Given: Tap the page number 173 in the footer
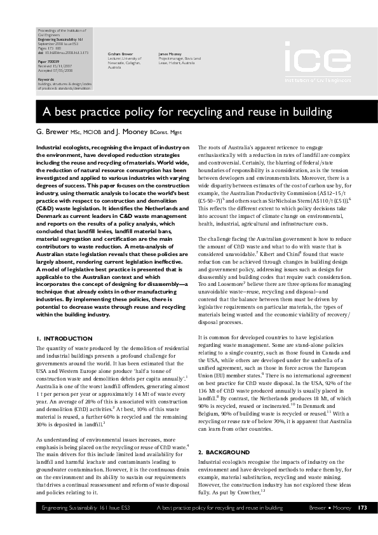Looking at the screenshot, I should pos(362,526).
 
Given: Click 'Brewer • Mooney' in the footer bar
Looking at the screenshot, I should pos(329,526).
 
